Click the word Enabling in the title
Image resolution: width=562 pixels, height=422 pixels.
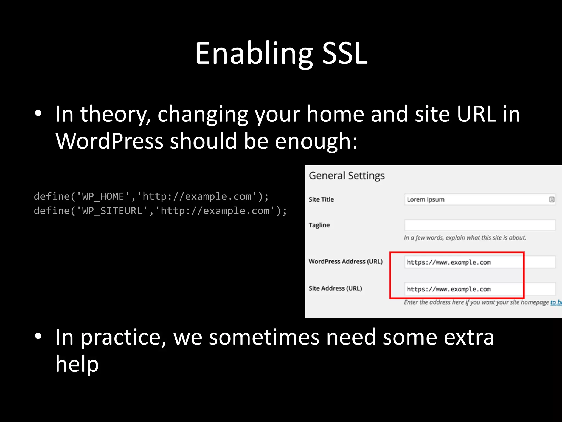point(254,54)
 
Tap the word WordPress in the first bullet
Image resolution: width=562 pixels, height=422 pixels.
point(109,141)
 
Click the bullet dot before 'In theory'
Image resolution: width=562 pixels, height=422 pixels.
point(38,113)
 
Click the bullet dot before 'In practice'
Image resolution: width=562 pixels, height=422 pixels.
point(38,336)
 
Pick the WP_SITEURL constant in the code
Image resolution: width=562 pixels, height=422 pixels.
point(112,211)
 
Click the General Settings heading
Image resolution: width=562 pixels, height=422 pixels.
point(347,176)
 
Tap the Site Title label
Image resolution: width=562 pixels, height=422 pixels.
point(321,199)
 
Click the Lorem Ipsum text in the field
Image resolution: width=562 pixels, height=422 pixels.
point(425,199)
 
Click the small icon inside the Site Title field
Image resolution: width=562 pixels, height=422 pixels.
point(552,199)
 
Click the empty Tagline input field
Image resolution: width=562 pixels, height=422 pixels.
point(479,225)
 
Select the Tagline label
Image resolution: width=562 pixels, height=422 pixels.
point(319,225)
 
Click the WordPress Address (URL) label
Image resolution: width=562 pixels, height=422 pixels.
point(345,262)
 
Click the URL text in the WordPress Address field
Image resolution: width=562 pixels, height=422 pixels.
point(448,262)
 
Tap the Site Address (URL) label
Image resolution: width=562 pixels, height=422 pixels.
point(335,288)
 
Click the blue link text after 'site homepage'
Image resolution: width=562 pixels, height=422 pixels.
point(556,302)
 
